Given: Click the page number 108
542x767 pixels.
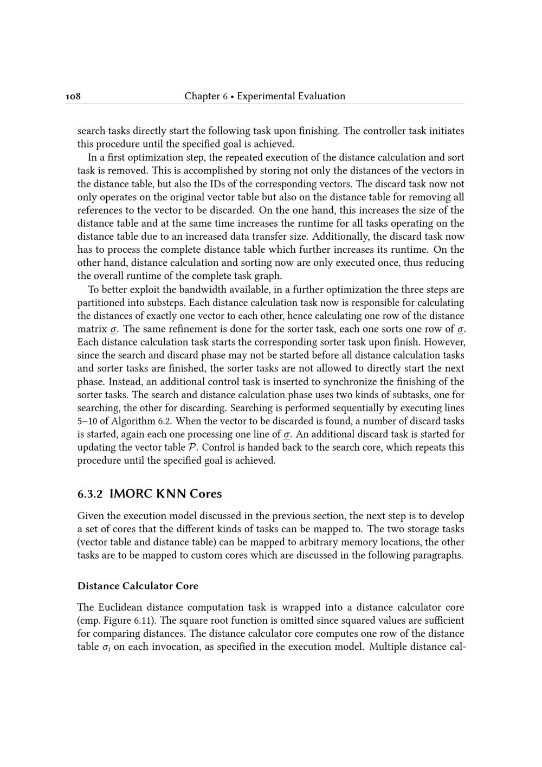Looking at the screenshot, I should [x=73, y=97].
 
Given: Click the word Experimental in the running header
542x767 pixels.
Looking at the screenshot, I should [x=265, y=97].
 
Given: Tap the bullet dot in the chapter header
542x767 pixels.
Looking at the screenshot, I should [x=232, y=97].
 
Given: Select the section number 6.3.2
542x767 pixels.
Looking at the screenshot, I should [x=90, y=494].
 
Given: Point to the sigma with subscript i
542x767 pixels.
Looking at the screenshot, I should [x=106, y=647].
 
